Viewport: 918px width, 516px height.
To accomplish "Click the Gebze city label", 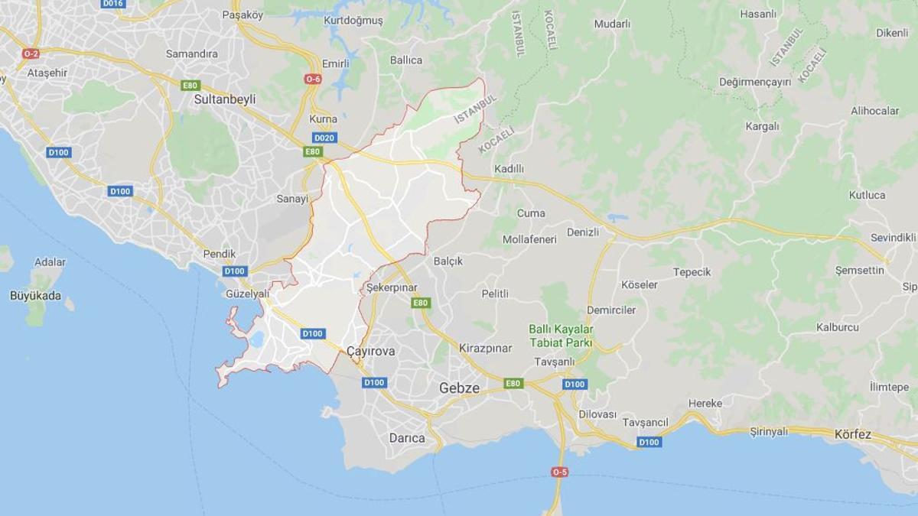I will [459, 388].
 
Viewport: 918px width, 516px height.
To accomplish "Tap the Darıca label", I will [406, 438].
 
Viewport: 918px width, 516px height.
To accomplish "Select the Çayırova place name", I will [370, 351].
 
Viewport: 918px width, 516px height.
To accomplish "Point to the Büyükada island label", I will [35, 295].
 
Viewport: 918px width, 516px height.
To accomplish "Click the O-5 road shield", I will [559, 472].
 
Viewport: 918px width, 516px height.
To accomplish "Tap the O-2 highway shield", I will [31, 54].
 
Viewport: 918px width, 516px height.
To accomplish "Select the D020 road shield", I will [324, 138].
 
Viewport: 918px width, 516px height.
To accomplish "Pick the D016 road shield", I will [112, 4].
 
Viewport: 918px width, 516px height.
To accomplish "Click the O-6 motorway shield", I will [313, 79].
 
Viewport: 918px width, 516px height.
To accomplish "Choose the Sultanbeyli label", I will [225, 99].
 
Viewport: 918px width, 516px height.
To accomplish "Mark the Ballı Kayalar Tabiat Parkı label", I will [562, 336].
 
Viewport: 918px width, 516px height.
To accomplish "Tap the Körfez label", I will [853, 434].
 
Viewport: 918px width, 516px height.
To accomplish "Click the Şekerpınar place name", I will [392, 286].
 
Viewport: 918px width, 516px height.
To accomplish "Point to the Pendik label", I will [220, 254].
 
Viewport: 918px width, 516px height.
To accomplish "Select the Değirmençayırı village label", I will [755, 82].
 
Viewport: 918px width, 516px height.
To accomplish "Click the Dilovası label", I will [597, 414].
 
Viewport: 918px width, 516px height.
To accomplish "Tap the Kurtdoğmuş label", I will [353, 21].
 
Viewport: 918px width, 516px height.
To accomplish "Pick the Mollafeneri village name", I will [529, 239].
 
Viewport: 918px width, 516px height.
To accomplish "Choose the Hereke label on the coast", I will [705, 403].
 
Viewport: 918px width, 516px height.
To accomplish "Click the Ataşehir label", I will [47, 73].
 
